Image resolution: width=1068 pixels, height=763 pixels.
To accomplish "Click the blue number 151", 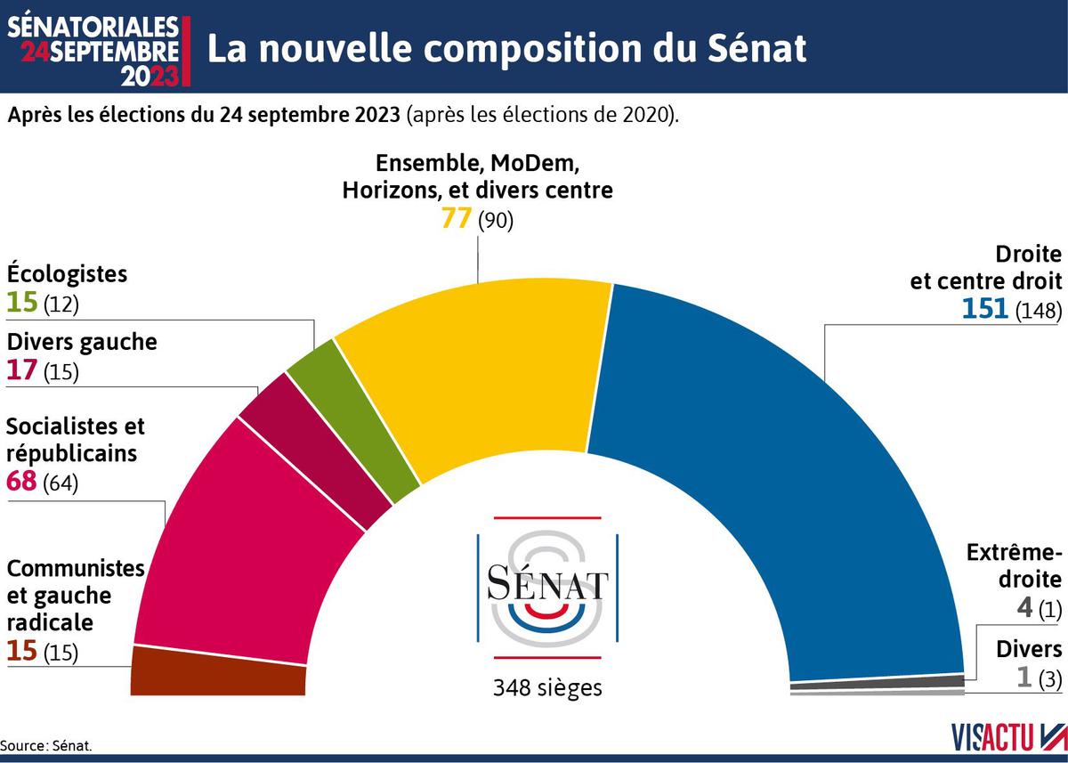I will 983,308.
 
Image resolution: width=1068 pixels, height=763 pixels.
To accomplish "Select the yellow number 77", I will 456,219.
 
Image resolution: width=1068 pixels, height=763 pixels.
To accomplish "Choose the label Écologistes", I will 67,273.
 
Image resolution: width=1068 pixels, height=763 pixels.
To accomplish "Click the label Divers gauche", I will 82,341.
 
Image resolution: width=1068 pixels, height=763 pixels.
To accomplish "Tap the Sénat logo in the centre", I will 547,587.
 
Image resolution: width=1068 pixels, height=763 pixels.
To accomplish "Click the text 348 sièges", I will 547,687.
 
